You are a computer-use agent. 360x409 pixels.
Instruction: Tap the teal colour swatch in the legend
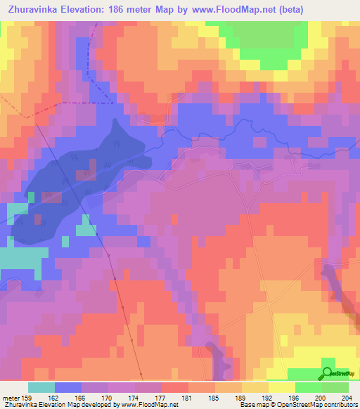41,387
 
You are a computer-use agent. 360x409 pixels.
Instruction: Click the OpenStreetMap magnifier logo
327,373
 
